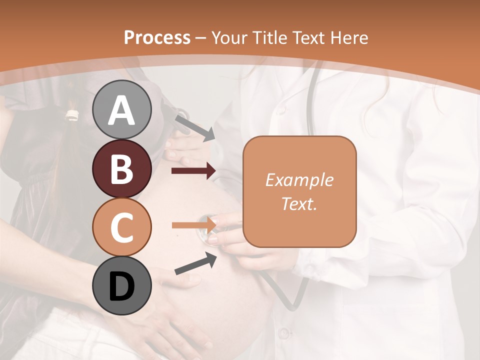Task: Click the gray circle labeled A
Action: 122,109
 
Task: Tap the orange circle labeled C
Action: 122,227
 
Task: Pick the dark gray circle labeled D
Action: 122,285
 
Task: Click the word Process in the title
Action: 157,37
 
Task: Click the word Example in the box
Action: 299,180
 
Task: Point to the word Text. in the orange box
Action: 299,203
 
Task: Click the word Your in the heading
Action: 230,37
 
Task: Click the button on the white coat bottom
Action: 284,332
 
